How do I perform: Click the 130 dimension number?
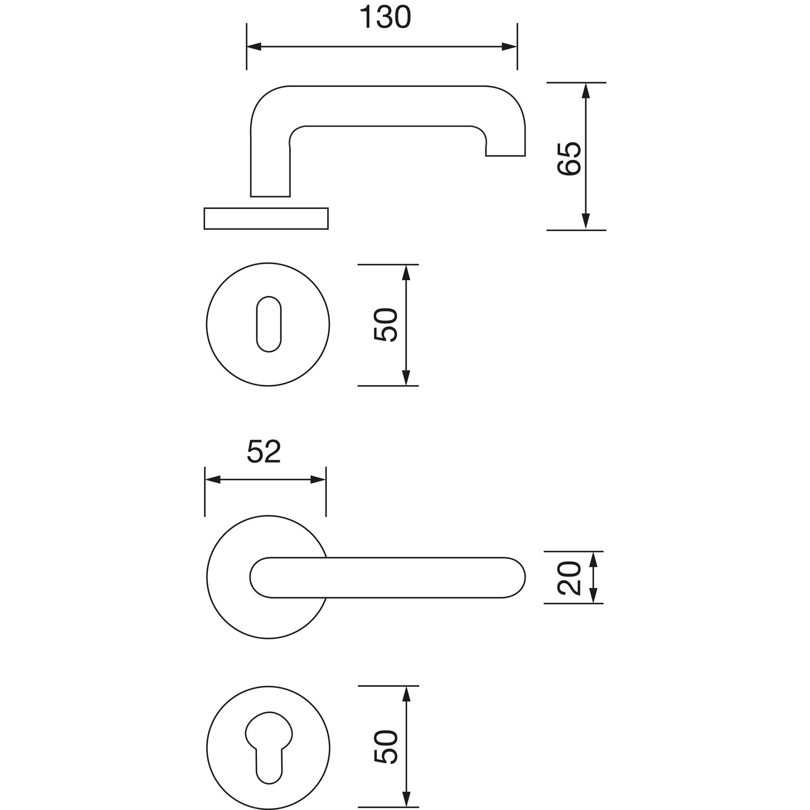pyautogui.click(x=385, y=18)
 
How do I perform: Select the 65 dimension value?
pyautogui.click(x=569, y=159)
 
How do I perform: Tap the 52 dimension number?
pyautogui.click(x=264, y=453)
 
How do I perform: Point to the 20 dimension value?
pyautogui.click(x=569, y=578)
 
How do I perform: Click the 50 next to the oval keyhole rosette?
pyautogui.click(x=386, y=325)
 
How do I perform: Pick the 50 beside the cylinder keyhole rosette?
pyautogui.click(x=386, y=747)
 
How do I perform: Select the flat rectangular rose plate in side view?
pyautogui.click(x=266, y=218)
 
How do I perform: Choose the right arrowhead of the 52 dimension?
pyautogui.click(x=318, y=480)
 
